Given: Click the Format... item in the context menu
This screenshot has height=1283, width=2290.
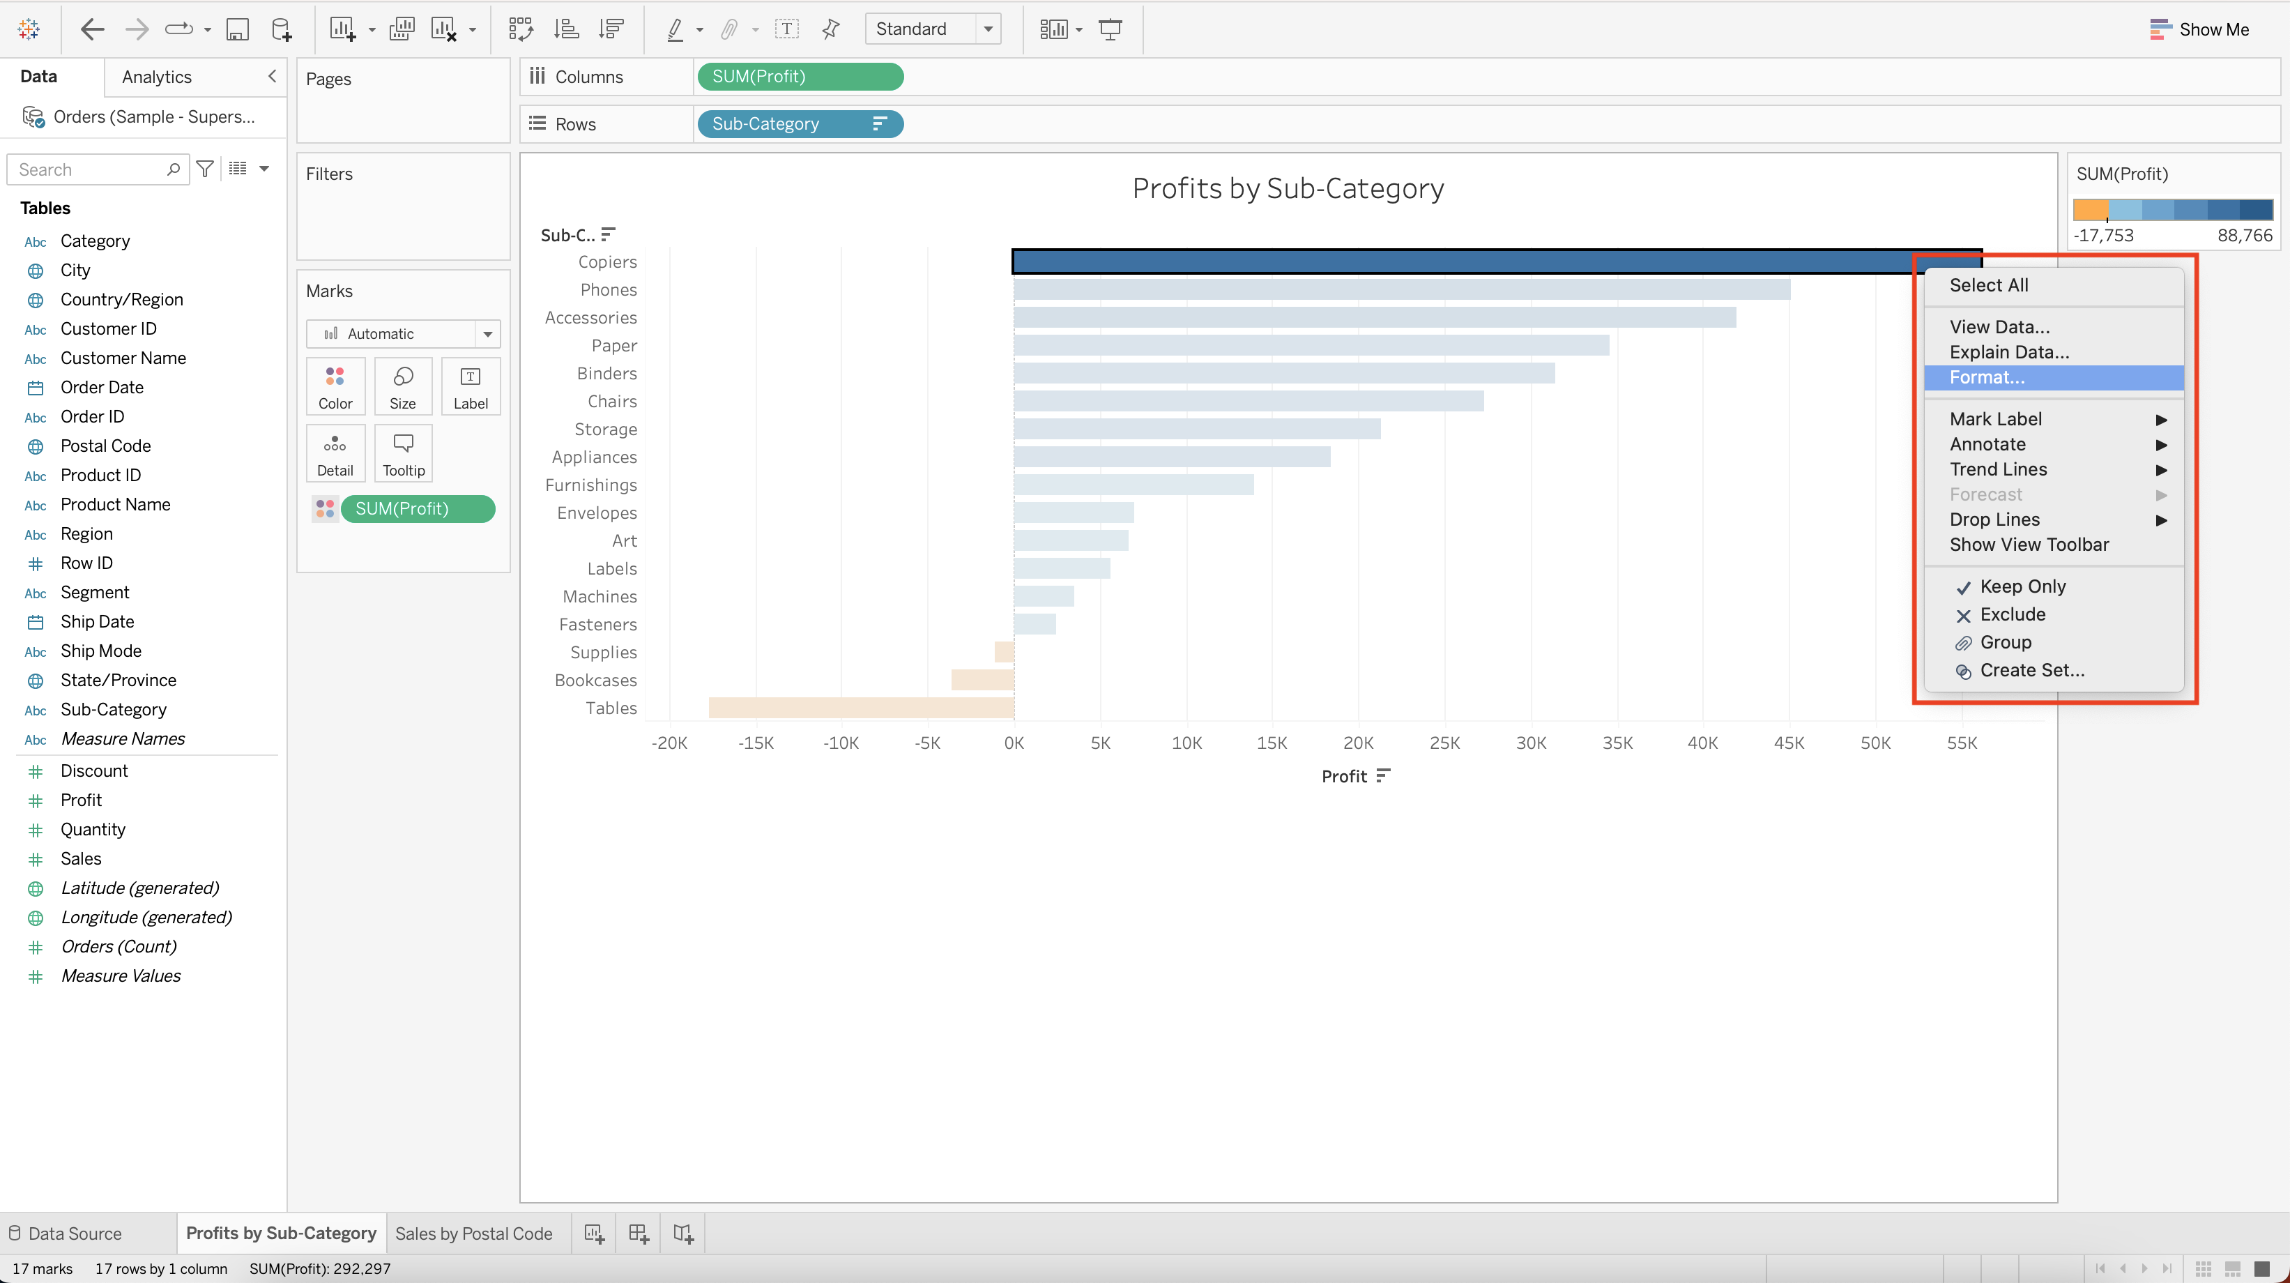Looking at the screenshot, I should [1987, 378].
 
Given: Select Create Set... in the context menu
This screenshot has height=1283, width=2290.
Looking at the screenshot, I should [2031, 670].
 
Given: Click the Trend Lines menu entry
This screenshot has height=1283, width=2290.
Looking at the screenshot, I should [1997, 469].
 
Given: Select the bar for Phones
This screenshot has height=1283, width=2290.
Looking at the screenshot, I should [1401, 290].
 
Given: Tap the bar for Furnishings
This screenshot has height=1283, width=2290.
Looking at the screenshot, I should [1133, 485].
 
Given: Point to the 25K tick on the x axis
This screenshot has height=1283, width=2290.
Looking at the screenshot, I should [1444, 743].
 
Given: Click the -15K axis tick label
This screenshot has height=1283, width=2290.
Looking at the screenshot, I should [755, 743].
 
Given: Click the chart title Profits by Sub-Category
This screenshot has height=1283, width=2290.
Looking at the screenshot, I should [1288, 188].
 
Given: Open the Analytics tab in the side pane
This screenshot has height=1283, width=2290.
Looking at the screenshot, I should [156, 77].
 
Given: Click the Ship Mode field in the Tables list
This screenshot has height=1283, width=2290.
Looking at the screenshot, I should [100, 651].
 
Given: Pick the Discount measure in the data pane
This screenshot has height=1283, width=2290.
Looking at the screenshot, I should [93, 771].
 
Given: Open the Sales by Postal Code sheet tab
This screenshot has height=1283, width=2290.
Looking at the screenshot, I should [473, 1233].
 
